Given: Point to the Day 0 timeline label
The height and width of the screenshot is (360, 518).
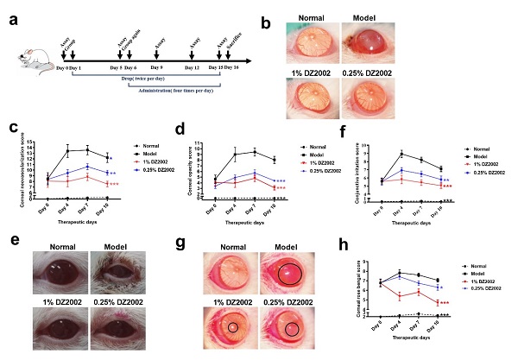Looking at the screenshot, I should click(x=62, y=67).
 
